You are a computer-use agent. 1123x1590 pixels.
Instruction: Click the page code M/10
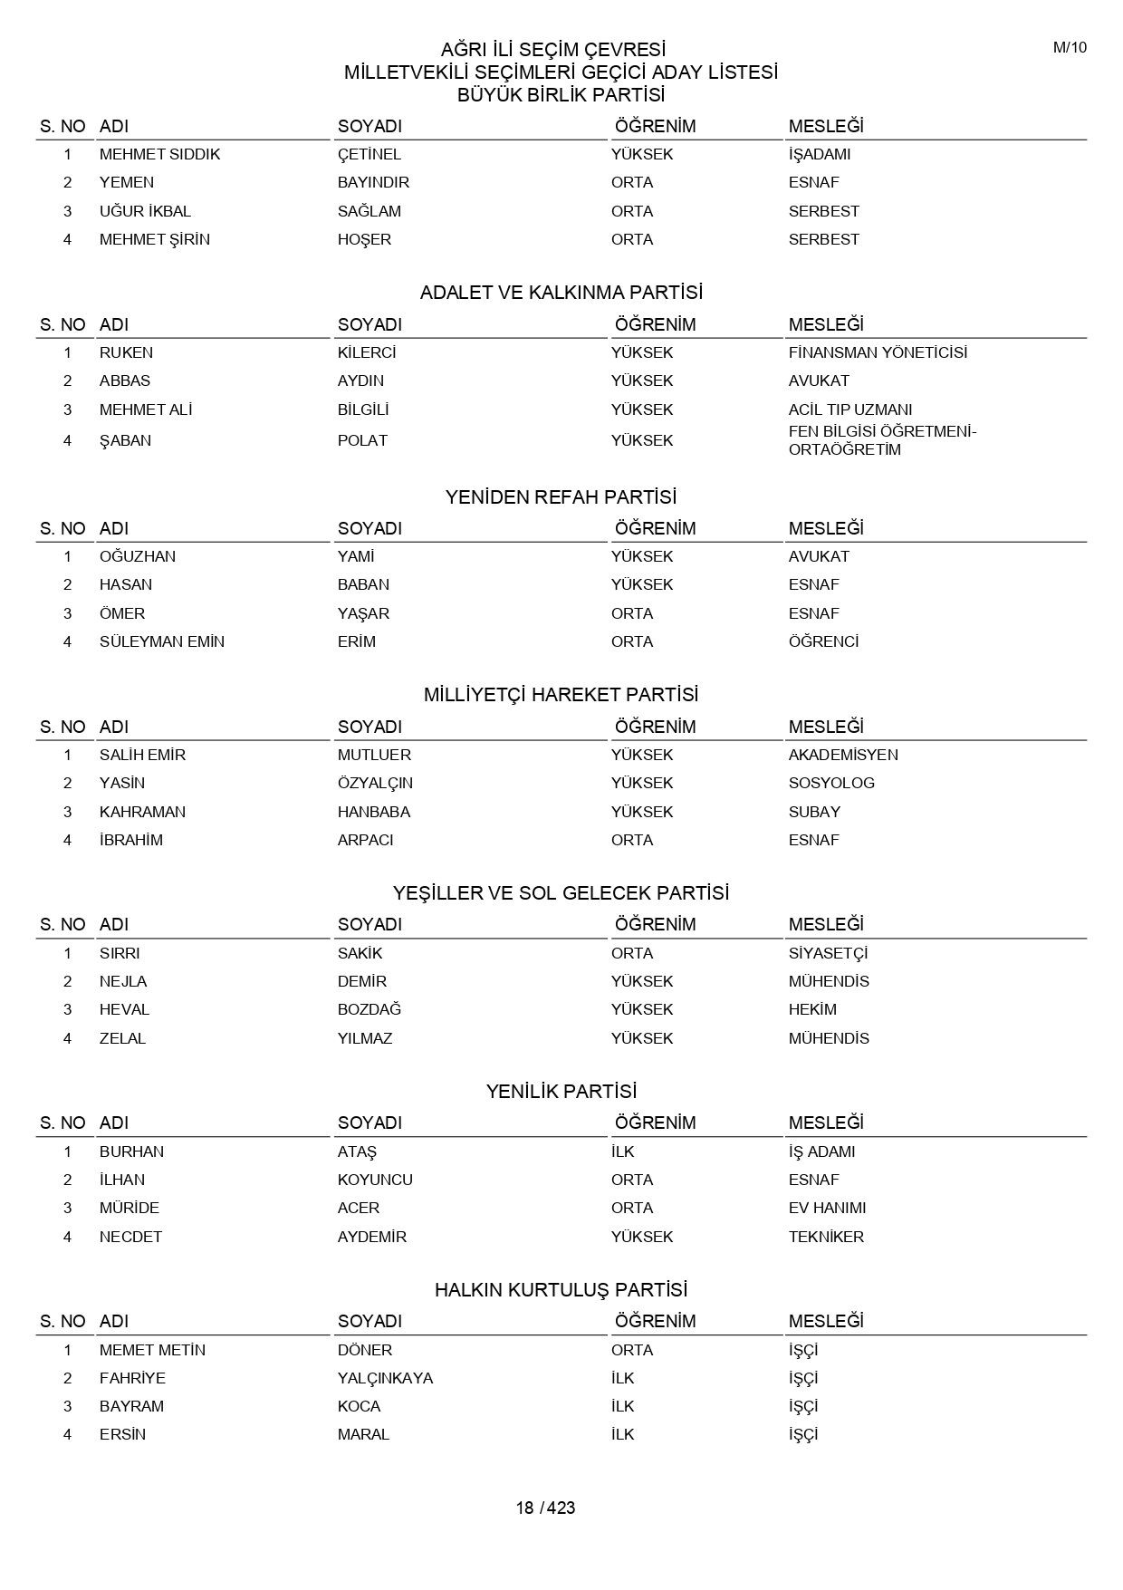click(x=1069, y=48)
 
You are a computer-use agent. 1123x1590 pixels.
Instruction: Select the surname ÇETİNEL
click(x=369, y=154)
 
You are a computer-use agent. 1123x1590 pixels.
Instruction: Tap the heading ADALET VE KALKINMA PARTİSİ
click(x=561, y=293)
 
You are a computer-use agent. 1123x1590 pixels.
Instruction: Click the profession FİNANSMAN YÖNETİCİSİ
click(x=877, y=352)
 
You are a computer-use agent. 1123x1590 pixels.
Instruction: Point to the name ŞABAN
click(x=125, y=440)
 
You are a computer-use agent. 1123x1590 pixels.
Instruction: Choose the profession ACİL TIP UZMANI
click(x=849, y=410)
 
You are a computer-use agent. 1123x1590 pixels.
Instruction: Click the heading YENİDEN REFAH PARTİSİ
click(x=561, y=497)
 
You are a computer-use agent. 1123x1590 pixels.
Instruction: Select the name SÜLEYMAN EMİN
click(x=161, y=641)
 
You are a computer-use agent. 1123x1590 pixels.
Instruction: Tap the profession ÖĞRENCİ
click(x=823, y=641)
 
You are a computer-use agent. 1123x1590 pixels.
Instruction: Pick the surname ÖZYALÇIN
click(x=375, y=783)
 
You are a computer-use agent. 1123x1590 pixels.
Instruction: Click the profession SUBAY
click(x=814, y=812)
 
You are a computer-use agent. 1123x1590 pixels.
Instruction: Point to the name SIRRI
click(x=120, y=953)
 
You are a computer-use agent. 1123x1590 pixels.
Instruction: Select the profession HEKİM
click(x=812, y=1009)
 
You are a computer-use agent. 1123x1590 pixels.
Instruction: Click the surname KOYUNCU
click(x=375, y=1180)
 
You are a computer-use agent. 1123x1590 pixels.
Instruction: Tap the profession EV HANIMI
click(x=827, y=1208)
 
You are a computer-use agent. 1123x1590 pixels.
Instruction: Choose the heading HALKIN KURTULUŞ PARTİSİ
click(x=561, y=1290)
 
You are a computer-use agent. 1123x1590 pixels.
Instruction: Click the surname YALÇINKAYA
click(x=385, y=1378)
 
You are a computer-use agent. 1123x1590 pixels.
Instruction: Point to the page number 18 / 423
click(x=545, y=1508)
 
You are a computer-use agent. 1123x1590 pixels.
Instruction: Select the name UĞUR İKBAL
click(x=145, y=211)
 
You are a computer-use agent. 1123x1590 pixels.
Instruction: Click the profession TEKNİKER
click(x=826, y=1237)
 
